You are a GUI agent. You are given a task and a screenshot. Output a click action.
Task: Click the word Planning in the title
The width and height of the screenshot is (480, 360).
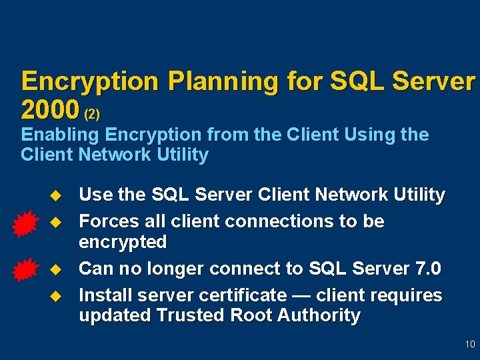point(223,82)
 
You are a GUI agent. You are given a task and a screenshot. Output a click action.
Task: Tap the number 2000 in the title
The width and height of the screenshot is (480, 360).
point(50,109)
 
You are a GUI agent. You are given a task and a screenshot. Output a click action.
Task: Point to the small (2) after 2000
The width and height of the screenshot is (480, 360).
point(91,114)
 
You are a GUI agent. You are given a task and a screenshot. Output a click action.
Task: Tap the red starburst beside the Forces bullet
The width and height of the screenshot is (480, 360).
point(27,223)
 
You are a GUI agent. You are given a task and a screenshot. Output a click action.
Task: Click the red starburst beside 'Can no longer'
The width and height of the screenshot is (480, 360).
point(27,270)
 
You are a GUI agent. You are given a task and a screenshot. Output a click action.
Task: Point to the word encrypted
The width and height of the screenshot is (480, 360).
point(123,241)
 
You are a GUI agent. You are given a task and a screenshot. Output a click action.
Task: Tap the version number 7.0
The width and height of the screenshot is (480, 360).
point(427,269)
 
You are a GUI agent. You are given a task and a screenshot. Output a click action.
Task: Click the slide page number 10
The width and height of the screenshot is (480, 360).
point(470,345)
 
